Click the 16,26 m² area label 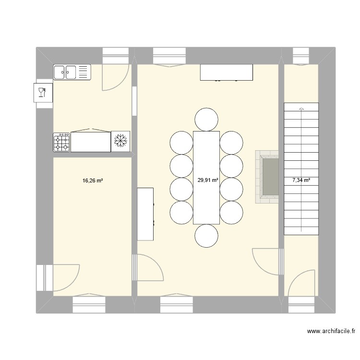[x=93, y=181]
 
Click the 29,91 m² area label [x=208, y=181]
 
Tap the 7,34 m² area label [x=301, y=181]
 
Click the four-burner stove [x=62, y=143]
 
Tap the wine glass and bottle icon [x=42, y=92]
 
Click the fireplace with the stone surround [x=267, y=177]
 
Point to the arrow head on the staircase [x=301, y=108]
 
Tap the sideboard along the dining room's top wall [x=227, y=72]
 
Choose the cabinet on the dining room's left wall [x=145, y=214]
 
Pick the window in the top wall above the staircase [x=301, y=56]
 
